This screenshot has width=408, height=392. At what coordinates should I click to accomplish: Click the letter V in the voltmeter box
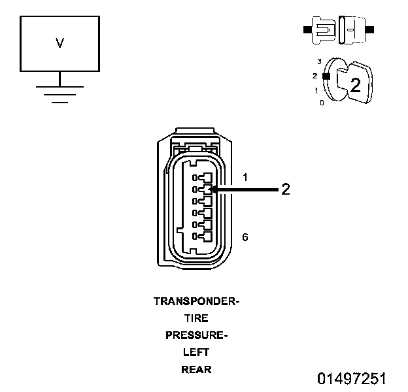[x=59, y=43]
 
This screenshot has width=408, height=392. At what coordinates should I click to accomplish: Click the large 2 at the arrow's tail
[x=285, y=189]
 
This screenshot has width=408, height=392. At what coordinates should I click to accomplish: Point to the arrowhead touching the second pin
[x=214, y=189]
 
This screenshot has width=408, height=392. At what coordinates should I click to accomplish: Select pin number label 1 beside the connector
[x=245, y=177]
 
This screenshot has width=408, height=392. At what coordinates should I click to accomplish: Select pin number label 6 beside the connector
[x=245, y=237]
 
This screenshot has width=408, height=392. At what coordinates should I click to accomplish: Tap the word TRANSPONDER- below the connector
[x=196, y=302]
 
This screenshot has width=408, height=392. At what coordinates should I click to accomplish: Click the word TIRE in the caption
[x=196, y=319]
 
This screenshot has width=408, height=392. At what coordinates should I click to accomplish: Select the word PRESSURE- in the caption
[x=196, y=336]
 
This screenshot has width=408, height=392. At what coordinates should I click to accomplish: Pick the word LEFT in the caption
[x=196, y=353]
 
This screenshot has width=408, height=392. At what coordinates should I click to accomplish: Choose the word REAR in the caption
[x=196, y=370]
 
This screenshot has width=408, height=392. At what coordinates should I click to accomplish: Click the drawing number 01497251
[x=352, y=379]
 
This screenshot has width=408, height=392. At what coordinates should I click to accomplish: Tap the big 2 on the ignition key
[x=355, y=85]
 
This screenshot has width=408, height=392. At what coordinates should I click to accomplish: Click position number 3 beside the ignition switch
[x=319, y=61]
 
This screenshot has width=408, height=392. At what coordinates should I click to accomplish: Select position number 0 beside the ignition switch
[x=321, y=103]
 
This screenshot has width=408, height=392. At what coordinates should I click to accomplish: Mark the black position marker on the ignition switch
[x=325, y=76]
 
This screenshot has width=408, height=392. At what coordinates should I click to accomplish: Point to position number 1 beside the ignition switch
[x=316, y=91]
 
